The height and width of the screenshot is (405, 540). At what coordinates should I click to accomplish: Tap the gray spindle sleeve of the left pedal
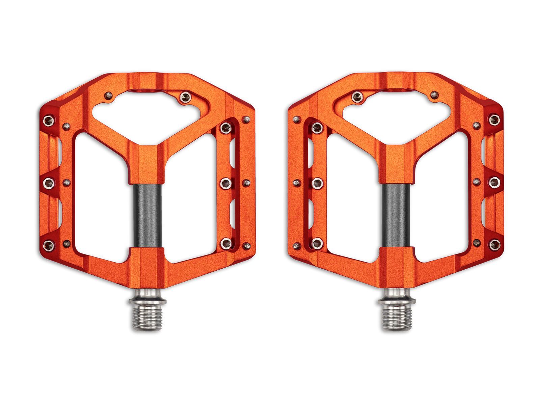pos(147,216)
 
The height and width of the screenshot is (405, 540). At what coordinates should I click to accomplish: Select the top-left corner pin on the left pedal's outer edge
pos(49,119)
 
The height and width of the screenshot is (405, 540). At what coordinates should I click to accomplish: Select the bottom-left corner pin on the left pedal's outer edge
pos(49,245)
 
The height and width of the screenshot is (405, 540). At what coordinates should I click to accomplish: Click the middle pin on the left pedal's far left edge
pos(49,183)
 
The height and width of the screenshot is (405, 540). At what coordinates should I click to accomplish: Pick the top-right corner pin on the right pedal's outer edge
pos(494,119)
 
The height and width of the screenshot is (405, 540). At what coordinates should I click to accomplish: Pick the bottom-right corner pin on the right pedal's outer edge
pos(494,245)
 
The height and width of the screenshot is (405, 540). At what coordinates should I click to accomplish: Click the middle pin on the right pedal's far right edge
pos(494,183)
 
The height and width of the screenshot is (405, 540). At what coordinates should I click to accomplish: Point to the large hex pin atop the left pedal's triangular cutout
pos(185,97)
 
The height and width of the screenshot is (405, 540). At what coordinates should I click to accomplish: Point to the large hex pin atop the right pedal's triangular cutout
pos(357,97)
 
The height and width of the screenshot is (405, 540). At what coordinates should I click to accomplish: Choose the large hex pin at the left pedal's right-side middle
pos(225,183)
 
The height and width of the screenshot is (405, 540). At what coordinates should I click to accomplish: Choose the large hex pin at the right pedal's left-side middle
pos(317,183)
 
